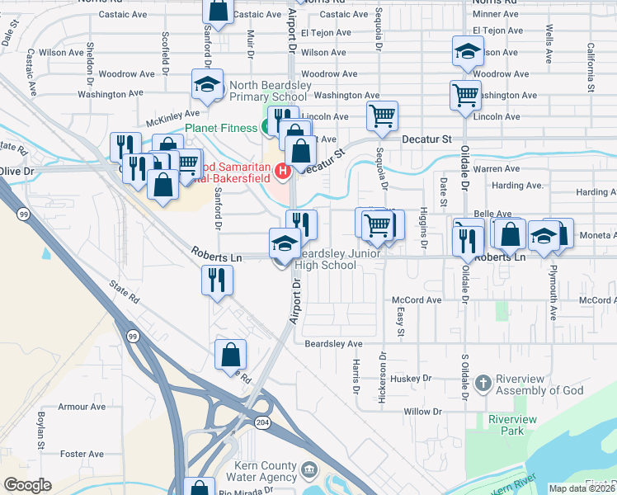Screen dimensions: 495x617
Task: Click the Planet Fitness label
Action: click(220, 128)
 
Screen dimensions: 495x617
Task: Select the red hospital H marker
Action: click(283, 172)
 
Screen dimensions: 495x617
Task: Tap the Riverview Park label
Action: click(512, 425)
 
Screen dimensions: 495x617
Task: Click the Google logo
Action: click(27, 485)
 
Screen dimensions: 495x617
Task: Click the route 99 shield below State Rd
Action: click(132, 336)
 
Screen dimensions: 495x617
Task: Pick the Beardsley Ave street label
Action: click(333, 343)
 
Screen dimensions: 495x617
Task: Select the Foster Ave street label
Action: click(82, 454)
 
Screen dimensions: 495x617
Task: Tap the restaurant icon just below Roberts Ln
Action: click(218, 279)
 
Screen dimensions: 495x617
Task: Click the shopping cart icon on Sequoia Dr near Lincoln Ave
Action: click(382, 116)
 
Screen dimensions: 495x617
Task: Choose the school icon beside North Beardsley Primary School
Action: click(208, 83)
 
